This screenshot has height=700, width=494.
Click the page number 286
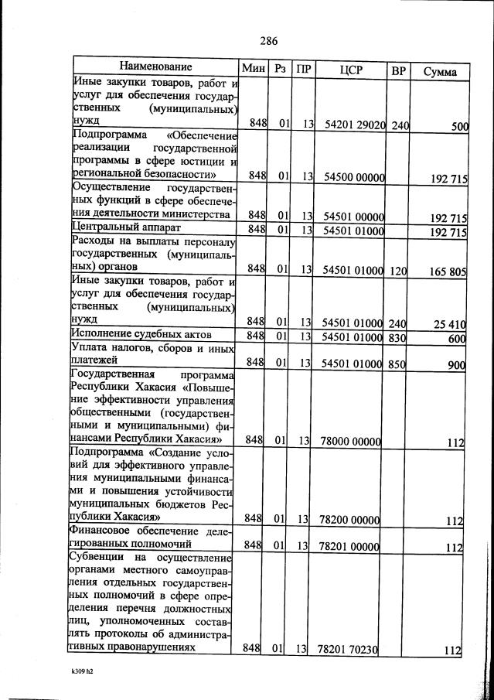click(x=268, y=41)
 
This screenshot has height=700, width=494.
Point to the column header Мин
click(x=253, y=68)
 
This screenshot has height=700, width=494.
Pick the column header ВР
click(x=398, y=70)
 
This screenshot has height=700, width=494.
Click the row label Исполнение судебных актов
click(x=141, y=334)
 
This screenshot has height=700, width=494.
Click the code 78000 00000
click(x=350, y=441)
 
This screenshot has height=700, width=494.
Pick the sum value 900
click(x=456, y=365)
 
